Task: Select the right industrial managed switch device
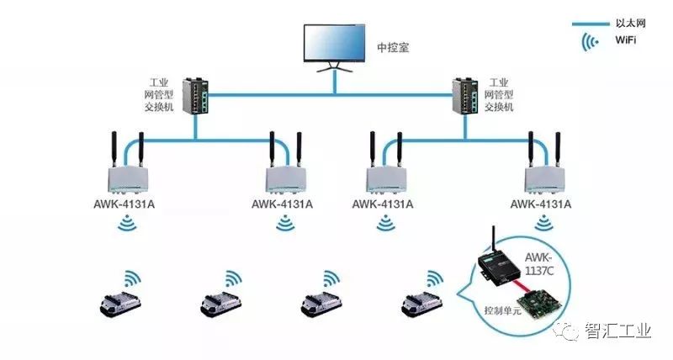(x=467, y=97)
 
